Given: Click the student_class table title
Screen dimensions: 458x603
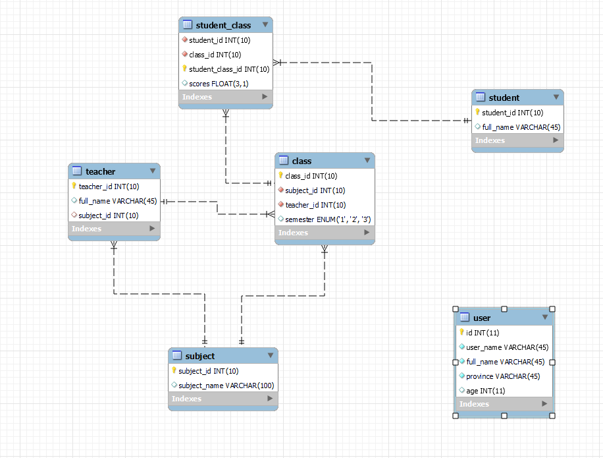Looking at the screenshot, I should pyautogui.click(x=223, y=25).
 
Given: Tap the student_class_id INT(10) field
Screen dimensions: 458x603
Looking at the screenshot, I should pyautogui.click(x=228, y=69).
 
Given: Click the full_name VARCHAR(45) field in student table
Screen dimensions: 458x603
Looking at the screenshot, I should pyautogui.click(x=521, y=127).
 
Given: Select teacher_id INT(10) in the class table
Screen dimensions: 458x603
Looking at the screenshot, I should pyautogui.click(x=315, y=205).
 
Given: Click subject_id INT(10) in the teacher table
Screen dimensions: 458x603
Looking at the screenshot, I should pyautogui.click(x=108, y=215).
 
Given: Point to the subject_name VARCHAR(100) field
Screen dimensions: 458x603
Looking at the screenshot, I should pyautogui.click(x=226, y=386).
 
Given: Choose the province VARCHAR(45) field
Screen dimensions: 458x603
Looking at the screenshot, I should pyautogui.click(x=503, y=376).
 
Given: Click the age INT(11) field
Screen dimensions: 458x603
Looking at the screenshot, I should pyautogui.click(x=486, y=391).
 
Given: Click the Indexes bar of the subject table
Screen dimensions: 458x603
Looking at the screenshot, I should pyautogui.click(x=223, y=399).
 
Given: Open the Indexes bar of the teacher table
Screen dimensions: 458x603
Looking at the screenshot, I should pyautogui.click(x=114, y=229).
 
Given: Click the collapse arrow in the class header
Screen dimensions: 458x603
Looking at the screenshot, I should pyautogui.click(x=367, y=161).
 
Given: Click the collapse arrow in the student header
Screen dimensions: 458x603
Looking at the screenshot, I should pyautogui.click(x=556, y=98).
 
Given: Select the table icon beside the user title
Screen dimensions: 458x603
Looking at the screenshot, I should pyautogui.click(x=464, y=318).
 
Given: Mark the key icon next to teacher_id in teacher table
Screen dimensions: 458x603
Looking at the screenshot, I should pyautogui.click(x=74, y=186).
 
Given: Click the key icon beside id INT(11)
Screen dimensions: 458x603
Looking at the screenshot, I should pyautogui.click(x=461, y=332).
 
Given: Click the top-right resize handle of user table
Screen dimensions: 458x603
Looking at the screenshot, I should pyautogui.click(x=552, y=309).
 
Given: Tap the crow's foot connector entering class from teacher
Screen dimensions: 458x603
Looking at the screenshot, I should pyautogui.click(x=269, y=214).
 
